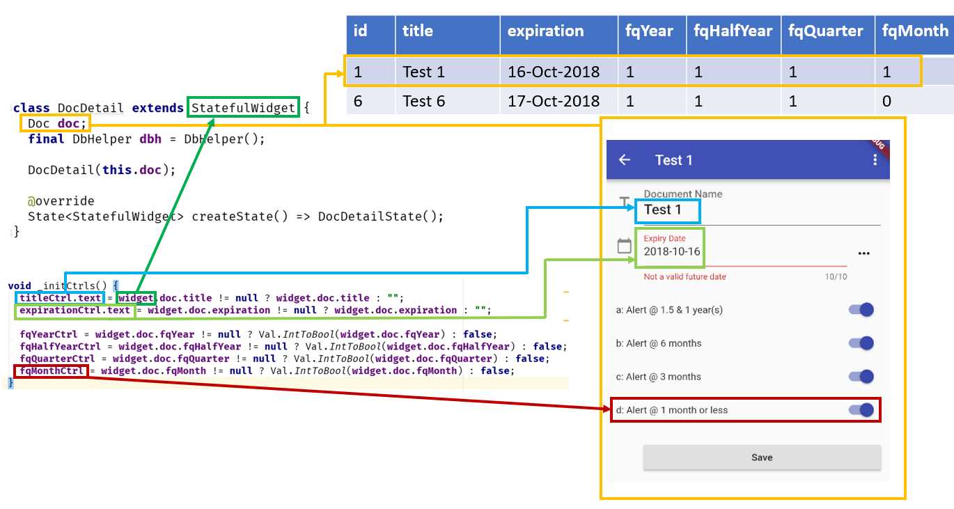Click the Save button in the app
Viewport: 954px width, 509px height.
[x=762, y=457]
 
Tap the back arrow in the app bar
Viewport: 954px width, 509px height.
[x=625, y=160]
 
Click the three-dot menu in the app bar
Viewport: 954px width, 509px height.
[x=875, y=160]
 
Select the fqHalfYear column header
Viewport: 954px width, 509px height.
[x=733, y=31]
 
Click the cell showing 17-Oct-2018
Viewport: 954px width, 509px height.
[x=553, y=101]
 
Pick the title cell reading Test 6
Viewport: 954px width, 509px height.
[x=423, y=101]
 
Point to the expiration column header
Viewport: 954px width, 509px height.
[x=545, y=31]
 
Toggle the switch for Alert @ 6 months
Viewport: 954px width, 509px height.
[x=861, y=343]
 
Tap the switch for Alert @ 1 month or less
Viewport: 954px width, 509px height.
[x=861, y=410]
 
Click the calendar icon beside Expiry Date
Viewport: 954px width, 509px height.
[x=625, y=246]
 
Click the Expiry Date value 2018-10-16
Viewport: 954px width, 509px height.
[x=672, y=251]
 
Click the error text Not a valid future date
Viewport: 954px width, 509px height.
[x=685, y=276]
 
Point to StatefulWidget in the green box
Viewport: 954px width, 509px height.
[x=244, y=108]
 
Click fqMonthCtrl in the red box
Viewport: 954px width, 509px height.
[x=52, y=370]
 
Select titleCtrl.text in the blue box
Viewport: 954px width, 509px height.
[x=61, y=298]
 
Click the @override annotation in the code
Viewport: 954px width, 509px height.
[x=61, y=201]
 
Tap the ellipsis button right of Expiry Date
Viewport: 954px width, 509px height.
[x=864, y=253]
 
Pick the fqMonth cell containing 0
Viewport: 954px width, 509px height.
[x=886, y=101]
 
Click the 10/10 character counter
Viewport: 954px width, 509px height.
[x=836, y=276]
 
